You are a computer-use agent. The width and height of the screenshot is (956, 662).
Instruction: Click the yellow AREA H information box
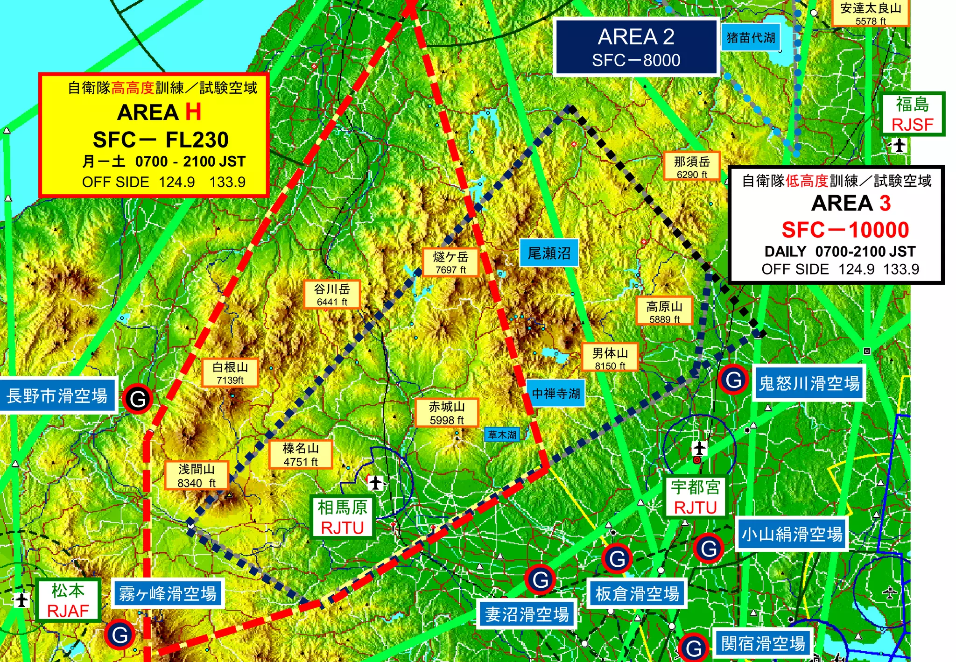click(x=154, y=134)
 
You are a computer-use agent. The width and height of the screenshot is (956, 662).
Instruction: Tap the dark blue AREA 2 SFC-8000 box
click(x=636, y=47)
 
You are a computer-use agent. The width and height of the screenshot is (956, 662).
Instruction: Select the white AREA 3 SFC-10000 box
click(x=836, y=225)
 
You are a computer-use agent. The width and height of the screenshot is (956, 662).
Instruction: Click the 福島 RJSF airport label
click(x=912, y=114)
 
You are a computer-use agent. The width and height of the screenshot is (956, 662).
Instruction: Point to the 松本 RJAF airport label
click(x=68, y=600)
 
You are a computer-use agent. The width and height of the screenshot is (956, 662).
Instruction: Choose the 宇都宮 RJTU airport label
click(x=695, y=497)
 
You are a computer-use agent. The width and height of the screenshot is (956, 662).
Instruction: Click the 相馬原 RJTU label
click(x=343, y=517)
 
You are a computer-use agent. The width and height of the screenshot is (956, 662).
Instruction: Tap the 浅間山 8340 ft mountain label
click(x=197, y=475)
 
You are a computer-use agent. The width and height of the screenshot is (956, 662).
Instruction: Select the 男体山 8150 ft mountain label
click(x=610, y=358)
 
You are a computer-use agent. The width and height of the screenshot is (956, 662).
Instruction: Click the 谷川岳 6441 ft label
click(x=331, y=295)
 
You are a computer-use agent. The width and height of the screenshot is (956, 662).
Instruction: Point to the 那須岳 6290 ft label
click(x=692, y=167)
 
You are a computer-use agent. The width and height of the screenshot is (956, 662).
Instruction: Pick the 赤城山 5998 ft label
click(x=447, y=413)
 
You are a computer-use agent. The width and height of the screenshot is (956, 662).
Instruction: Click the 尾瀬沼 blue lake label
click(x=549, y=253)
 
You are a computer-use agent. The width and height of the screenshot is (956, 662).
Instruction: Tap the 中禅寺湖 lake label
click(x=556, y=394)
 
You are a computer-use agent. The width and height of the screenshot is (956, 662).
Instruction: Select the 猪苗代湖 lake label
click(x=751, y=37)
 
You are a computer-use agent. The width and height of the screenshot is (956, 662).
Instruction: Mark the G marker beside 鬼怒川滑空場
click(x=733, y=380)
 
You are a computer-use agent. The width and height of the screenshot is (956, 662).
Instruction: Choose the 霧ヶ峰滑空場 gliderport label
click(x=168, y=594)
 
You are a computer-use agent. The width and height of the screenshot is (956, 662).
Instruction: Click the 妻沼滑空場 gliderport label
click(x=527, y=614)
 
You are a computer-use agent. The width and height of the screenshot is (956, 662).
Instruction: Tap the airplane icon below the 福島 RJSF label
click(x=899, y=146)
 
